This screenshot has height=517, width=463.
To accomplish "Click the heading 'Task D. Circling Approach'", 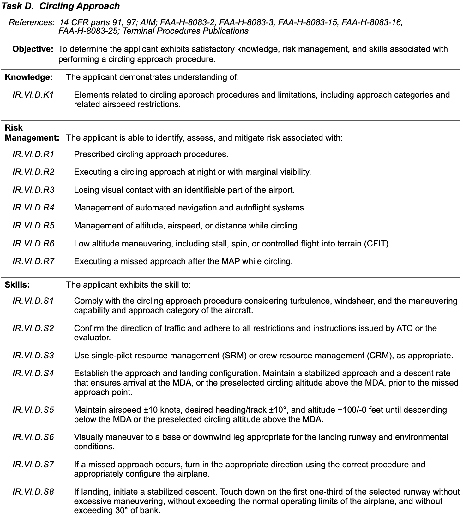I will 61,6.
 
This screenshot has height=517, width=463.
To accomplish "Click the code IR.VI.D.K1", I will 33,95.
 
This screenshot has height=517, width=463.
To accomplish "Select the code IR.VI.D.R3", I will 33,190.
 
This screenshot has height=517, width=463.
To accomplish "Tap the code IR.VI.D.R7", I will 33,261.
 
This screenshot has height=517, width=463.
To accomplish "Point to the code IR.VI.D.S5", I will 33,410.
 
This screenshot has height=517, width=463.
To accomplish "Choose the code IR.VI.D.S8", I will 33,492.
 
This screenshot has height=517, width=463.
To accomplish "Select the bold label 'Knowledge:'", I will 29,77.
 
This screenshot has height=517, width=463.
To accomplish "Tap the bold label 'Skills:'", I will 17,285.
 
